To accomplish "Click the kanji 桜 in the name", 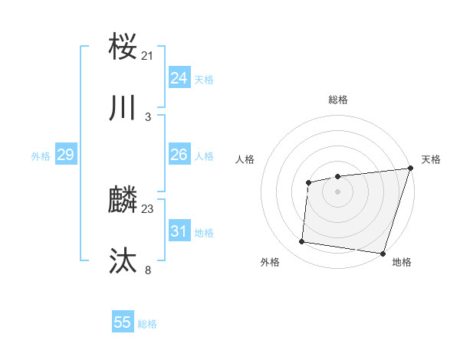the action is pyautogui.click(x=123, y=47).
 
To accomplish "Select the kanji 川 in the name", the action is pyautogui.click(x=123, y=108).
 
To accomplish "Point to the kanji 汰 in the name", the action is pyautogui.click(x=123, y=261).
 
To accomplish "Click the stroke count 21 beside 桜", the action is pyautogui.click(x=147, y=55).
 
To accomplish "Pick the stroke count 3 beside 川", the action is pyautogui.click(x=147, y=116).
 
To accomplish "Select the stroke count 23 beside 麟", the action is pyautogui.click(x=147, y=208).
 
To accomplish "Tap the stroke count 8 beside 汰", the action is pyautogui.click(x=147, y=269).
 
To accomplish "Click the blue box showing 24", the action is pyautogui.click(x=179, y=78).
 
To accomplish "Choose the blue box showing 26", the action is pyautogui.click(x=179, y=155).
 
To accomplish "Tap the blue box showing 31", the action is pyautogui.click(x=179, y=231).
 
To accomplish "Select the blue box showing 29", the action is pyautogui.click(x=65, y=155).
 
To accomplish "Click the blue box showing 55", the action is pyautogui.click(x=123, y=322).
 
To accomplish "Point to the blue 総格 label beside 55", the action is pyautogui.click(x=147, y=324).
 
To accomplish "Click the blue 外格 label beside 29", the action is pyautogui.click(x=41, y=156).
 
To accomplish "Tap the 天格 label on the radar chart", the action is pyautogui.click(x=431, y=159).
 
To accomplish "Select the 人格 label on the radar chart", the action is pyautogui.click(x=245, y=159).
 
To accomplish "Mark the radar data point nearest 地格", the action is pyautogui.click(x=383, y=253).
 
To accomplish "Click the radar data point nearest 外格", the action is pyautogui.click(x=301, y=242).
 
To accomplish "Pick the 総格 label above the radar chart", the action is pyautogui.click(x=338, y=100).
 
